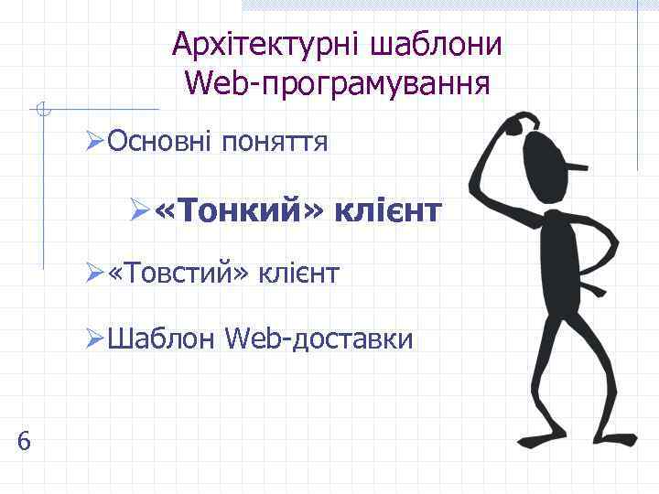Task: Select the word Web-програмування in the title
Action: pos(337,83)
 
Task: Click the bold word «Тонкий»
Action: pos(240,212)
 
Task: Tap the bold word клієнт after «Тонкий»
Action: pos(389,212)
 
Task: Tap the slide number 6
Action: pos(24,442)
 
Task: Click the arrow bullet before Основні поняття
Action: pos(95,143)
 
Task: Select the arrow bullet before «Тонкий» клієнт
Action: pos(140,213)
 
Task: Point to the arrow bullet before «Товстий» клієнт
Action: pos(95,273)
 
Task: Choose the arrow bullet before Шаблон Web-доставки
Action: pos(95,340)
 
